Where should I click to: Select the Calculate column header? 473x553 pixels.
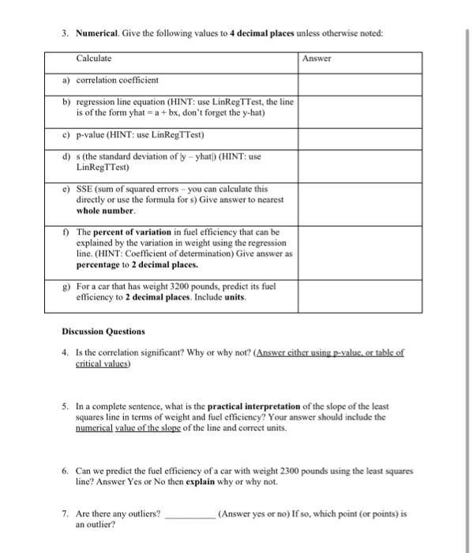click(x=94, y=58)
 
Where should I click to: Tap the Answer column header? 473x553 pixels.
click(x=317, y=58)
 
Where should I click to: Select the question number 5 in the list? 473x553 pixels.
click(x=66, y=407)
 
